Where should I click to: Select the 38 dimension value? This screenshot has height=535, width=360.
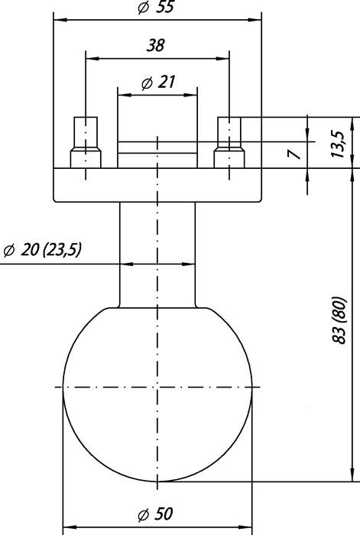(155, 46)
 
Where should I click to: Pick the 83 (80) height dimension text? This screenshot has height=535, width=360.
(339, 324)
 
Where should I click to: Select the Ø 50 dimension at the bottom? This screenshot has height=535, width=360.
(157, 514)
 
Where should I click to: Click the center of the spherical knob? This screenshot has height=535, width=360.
(157, 388)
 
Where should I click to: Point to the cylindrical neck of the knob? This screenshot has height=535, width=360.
(157, 252)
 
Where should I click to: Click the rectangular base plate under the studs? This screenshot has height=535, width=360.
(157, 184)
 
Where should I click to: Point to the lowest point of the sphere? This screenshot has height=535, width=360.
(157, 482)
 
